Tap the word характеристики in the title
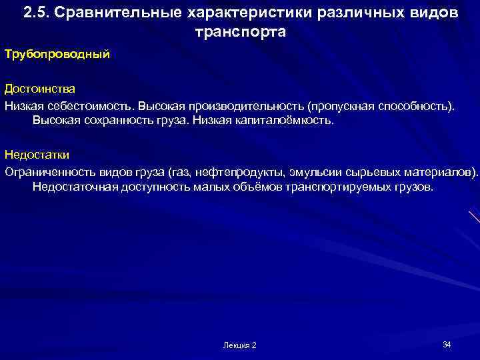click(233, 13)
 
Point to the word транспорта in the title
click(240, 32)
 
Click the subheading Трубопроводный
click(57, 54)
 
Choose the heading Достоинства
click(39, 89)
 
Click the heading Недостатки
click(37, 155)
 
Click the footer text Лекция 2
click(239, 345)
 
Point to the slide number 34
click(447, 344)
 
